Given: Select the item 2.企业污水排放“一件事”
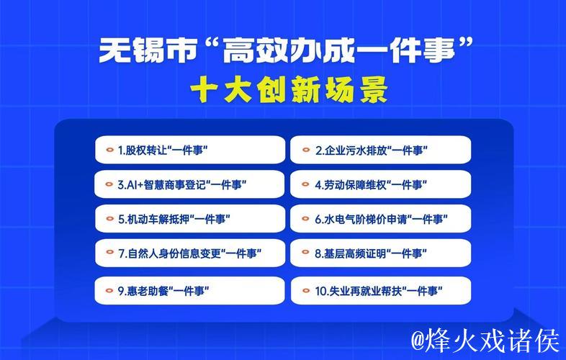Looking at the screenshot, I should click(381, 150).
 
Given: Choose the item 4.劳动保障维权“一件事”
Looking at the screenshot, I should click(381, 184).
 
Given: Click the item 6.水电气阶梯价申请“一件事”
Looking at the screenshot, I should click(381, 219).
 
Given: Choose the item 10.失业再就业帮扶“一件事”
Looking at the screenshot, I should click(381, 292).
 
